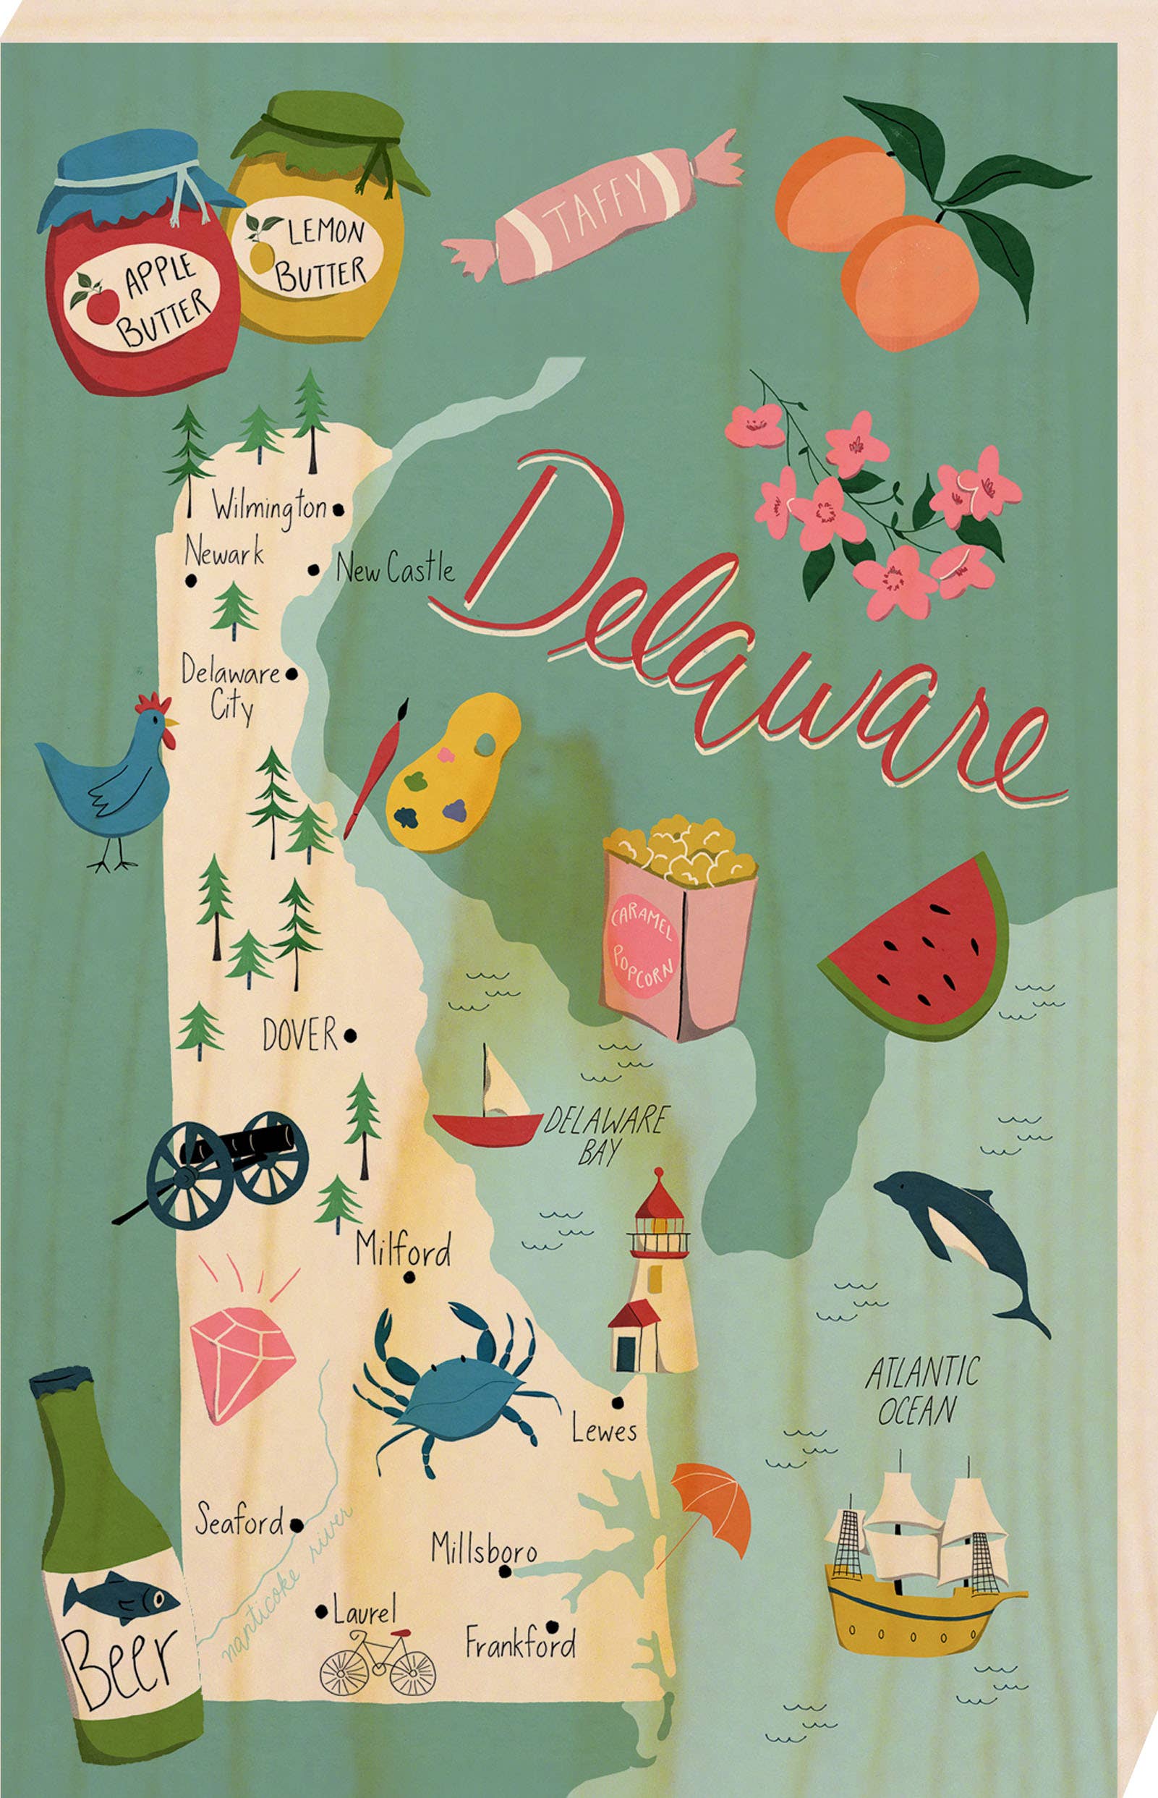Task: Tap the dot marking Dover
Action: click(349, 1037)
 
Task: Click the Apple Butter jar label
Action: click(143, 300)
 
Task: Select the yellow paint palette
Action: click(451, 774)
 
